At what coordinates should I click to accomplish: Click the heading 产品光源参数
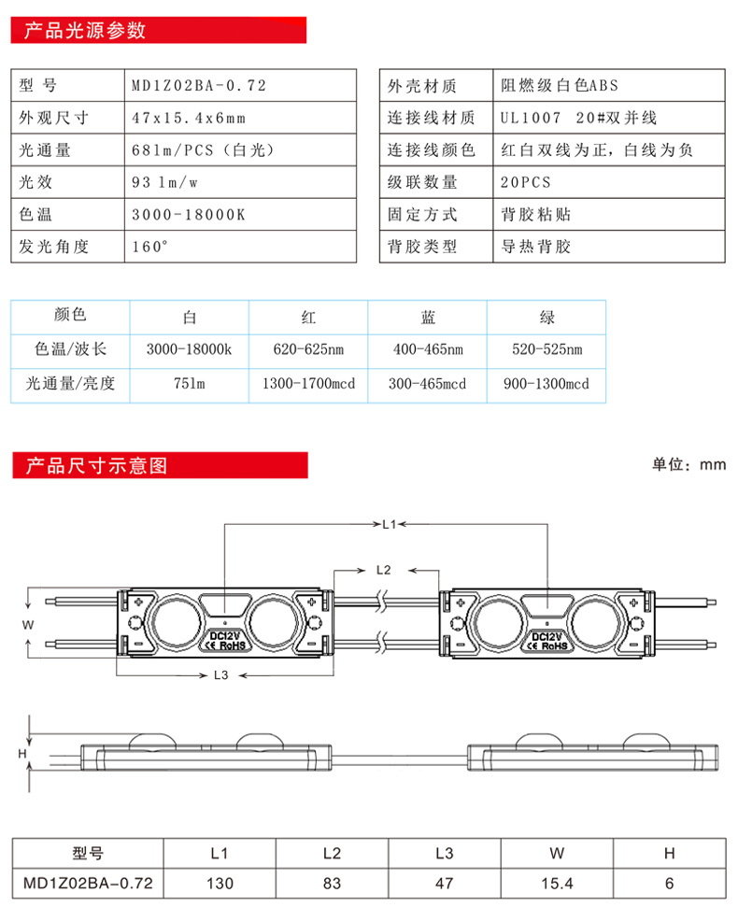[84, 30]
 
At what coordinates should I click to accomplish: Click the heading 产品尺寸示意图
[96, 464]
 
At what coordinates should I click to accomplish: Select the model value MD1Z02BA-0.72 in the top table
[199, 86]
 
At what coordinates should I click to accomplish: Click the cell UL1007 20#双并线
[578, 118]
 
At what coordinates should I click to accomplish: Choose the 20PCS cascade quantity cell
[525, 182]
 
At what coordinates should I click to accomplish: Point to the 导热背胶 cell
[535, 247]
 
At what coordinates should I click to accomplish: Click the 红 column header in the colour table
[309, 318]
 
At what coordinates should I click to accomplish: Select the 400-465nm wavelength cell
[428, 350]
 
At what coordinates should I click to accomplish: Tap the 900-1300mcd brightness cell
[546, 384]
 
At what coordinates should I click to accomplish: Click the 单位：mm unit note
[688, 465]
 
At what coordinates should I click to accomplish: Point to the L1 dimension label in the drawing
[390, 524]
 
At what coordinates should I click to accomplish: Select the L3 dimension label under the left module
[221, 673]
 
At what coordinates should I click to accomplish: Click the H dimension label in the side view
[22, 751]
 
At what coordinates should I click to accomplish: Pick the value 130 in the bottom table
[220, 882]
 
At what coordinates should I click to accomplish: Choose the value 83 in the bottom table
[332, 882]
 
